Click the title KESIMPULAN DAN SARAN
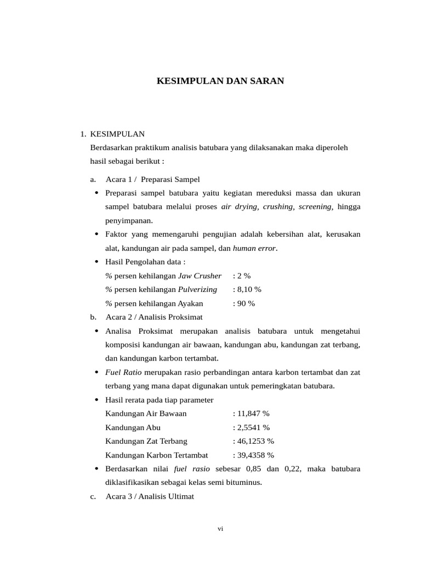click(220, 81)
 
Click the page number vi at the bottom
click(220, 529)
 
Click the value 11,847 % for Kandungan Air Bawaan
click(251, 413)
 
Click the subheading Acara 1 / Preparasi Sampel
click(152, 179)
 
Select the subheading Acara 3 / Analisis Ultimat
click(149, 496)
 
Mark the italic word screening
click(315, 207)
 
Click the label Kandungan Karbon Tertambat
click(157, 455)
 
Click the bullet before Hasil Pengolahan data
click(96, 262)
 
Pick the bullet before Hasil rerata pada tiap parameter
click(96, 399)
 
